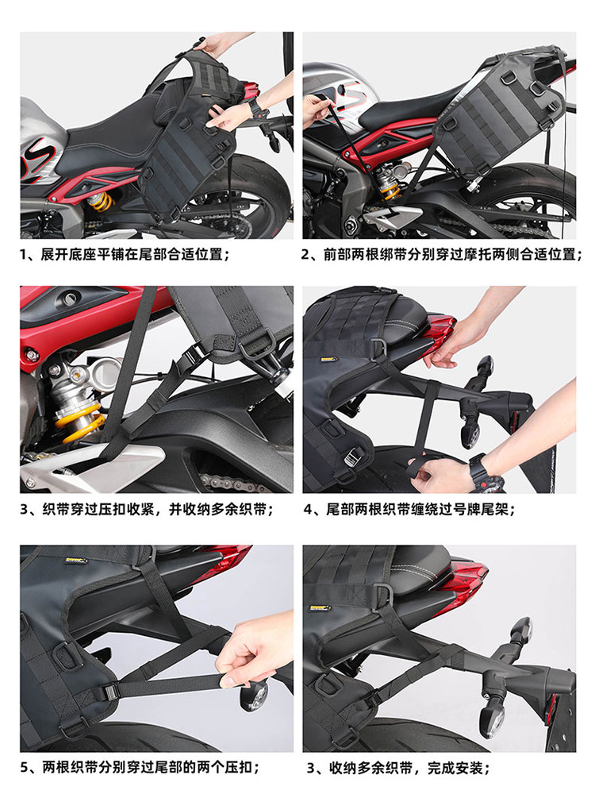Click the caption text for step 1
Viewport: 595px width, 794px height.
[x=125, y=254]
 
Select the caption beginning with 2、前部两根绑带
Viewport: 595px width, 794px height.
[x=441, y=254]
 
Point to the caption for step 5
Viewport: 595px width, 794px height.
[x=140, y=767]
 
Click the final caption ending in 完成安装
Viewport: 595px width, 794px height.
[x=398, y=768]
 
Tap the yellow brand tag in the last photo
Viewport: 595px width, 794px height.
[x=321, y=607]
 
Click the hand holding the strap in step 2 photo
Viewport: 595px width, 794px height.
[x=317, y=108]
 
